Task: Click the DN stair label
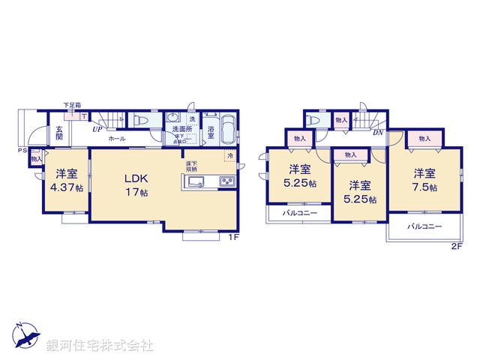tap(379, 133)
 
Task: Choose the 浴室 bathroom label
tap(211, 134)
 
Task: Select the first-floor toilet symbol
tap(139, 121)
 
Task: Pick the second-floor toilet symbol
tap(312, 121)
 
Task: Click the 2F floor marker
tap(456, 246)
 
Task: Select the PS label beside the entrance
tap(22, 151)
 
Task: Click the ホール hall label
tap(116, 139)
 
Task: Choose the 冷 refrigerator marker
tap(230, 156)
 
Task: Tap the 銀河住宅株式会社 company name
tap(100, 346)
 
